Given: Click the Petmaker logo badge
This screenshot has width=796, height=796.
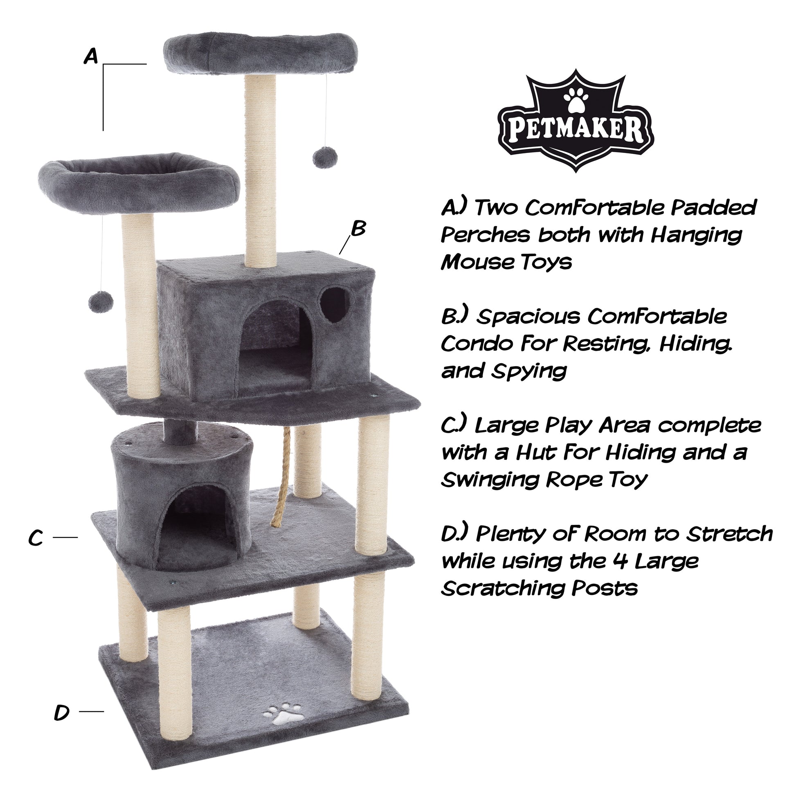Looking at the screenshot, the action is point(576,121).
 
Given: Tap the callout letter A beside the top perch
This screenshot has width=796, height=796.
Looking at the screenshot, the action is point(92,56).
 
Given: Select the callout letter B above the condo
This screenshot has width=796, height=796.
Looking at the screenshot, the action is point(358,229).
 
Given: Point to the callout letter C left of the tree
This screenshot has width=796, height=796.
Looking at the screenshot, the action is point(36,537).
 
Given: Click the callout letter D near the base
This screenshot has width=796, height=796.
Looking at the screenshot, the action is point(62,712).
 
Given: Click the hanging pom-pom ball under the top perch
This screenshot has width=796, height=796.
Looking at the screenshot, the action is point(325,157).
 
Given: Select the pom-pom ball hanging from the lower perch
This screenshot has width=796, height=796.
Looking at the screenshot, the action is point(101,302).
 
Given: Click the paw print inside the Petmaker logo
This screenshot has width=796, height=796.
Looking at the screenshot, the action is point(575,99).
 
